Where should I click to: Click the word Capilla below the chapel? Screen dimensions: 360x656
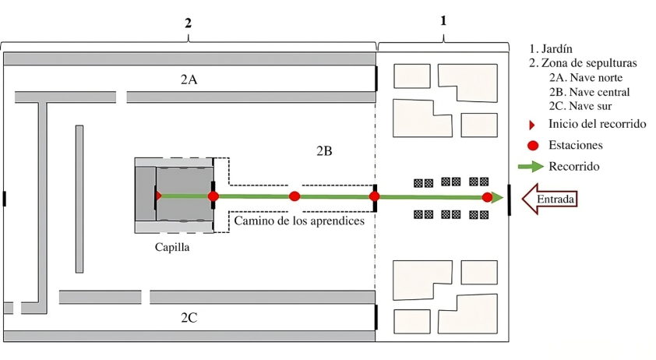pos(172,247)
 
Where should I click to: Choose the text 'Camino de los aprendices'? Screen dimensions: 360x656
pos(300,221)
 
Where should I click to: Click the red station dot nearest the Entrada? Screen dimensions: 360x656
pos(487,197)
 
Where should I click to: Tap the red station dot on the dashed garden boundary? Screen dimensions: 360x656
pos(375,196)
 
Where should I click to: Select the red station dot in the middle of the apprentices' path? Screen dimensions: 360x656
pos(294,196)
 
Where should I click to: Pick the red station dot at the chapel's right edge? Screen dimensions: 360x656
pos(213,196)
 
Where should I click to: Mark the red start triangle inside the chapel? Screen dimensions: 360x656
pos(158,196)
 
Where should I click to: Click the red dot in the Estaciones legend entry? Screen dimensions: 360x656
pos(533,145)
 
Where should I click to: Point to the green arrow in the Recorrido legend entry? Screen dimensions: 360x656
pos(531,166)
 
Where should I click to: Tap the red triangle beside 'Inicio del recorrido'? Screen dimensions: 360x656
pos(532,125)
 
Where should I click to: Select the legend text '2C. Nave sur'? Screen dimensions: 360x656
pos(582,106)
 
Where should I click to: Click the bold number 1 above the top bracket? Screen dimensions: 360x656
pos(443,21)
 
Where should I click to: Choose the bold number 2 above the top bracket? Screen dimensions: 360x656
pos(188,23)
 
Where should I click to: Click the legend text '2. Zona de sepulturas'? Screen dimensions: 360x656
pos(584,63)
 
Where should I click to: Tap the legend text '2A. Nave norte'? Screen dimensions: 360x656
pos(586,77)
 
